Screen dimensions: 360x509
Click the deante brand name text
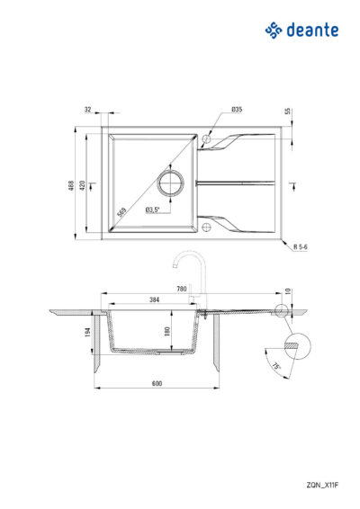tap(312, 30)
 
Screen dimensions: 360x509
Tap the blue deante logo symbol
tap(274, 31)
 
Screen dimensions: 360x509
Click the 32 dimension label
tap(87, 110)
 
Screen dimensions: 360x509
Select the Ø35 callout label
tap(237, 110)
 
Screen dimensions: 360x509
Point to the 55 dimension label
tap(287, 111)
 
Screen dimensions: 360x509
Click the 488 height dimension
tap(71, 185)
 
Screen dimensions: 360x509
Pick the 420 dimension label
tap(82, 185)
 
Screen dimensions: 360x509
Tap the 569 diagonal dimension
tap(121, 212)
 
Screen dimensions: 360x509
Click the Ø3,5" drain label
tap(153, 210)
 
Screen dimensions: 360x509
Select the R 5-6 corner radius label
tap(301, 246)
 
